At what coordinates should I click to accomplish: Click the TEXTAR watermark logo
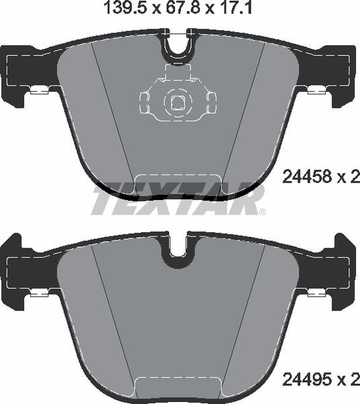(x=176, y=199)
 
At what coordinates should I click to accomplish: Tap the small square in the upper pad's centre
(x=178, y=102)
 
